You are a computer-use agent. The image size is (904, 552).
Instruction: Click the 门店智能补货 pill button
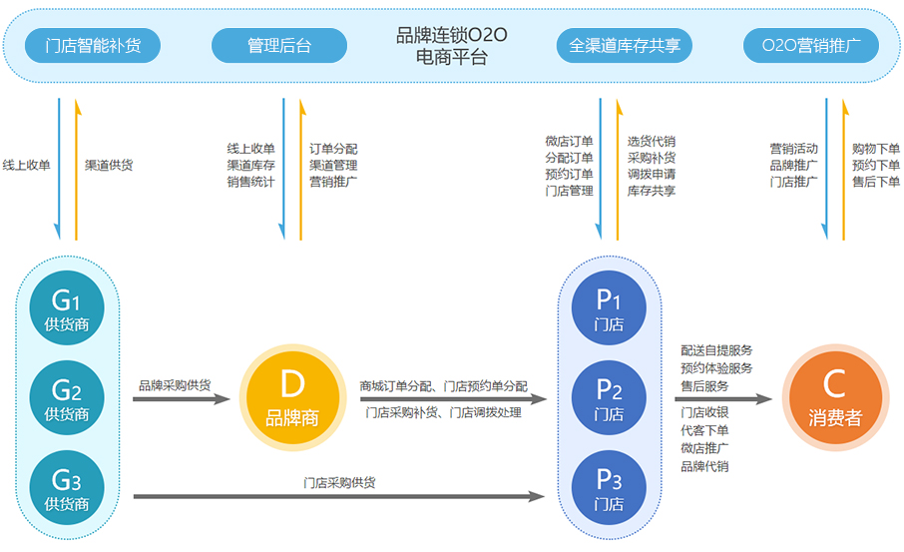[x=92, y=46]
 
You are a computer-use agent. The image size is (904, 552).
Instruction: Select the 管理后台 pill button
[x=279, y=46]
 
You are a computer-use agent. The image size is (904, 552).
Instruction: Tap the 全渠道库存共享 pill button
[x=625, y=46]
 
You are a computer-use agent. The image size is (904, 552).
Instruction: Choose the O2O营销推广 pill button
[x=811, y=46]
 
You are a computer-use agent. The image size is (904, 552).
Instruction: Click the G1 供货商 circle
[x=67, y=308]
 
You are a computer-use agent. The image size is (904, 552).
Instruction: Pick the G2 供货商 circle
[x=67, y=398]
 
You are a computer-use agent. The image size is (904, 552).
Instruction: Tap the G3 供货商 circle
[x=67, y=487]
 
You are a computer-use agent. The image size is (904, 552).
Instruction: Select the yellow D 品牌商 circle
[x=292, y=398]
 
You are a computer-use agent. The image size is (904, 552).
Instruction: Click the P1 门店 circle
[x=609, y=308]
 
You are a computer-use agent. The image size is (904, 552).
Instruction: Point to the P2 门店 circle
[x=609, y=398]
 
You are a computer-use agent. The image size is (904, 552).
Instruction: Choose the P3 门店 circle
[x=609, y=487]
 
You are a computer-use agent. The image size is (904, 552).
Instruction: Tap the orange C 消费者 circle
[x=835, y=398]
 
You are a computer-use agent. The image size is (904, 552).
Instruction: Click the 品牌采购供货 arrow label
[x=175, y=385]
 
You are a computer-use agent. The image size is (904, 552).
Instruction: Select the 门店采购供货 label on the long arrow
[x=339, y=483]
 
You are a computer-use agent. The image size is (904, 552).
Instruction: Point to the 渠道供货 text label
[x=109, y=165]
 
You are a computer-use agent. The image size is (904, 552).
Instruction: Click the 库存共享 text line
[x=652, y=191]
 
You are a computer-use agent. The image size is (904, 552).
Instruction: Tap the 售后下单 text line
[x=876, y=182]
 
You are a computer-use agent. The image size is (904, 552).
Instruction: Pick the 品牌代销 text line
[x=704, y=466]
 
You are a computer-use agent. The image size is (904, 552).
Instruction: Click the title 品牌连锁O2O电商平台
[x=451, y=46]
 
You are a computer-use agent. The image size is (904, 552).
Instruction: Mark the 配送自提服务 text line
[x=716, y=350]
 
